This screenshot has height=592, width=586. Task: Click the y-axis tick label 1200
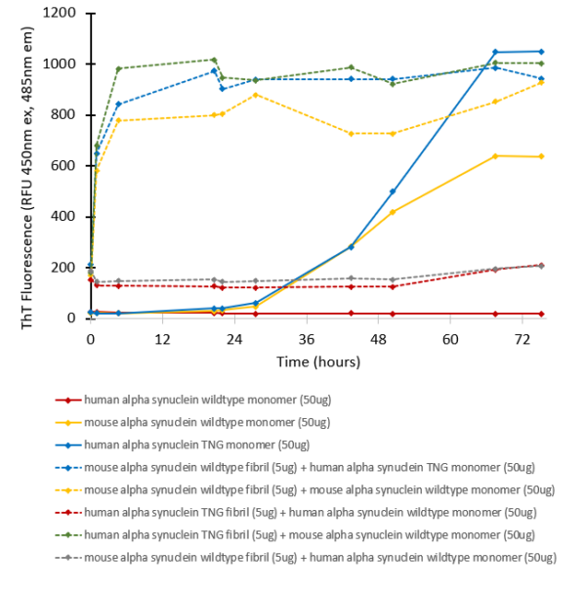[67, 14]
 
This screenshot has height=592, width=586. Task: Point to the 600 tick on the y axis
[71, 166]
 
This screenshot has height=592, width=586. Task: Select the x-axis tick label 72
[522, 340]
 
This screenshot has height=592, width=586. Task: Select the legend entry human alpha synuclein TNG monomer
[196, 444]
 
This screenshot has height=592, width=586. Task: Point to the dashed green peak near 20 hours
[215, 60]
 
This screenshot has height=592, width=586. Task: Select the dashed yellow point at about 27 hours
[255, 95]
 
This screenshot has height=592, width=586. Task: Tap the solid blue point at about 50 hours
[393, 191]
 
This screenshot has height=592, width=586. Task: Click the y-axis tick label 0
[77, 318]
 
